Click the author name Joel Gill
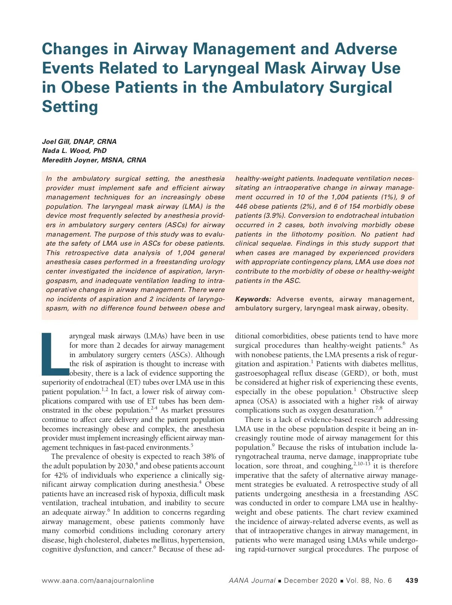(x=56, y=142)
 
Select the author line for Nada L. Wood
(x=74, y=151)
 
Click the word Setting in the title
(x=70, y=106)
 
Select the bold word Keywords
(x=253, y=299)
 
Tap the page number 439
(x=411, y=581)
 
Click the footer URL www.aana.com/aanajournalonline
(x=98, y=581)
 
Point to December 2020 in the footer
(x=311, y=581)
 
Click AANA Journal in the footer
(x=252, y=581)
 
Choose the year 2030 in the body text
(x=125, y=466)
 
